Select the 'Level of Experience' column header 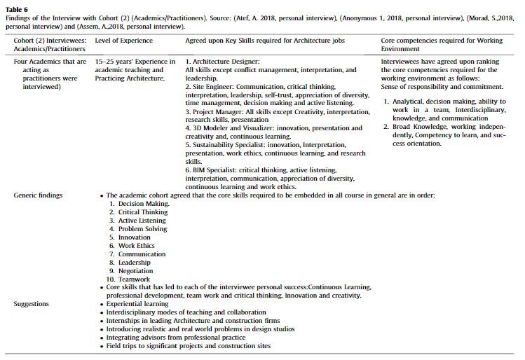click(x=123, y=41)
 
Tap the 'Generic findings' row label click(x=38, y=195)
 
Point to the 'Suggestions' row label click(x=32, y=304)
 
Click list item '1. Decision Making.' click(x=139, y=204)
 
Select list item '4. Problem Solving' click(x=138, y=229)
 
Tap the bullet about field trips click(x=188, y=346)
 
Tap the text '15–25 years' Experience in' click(x=135, y=62)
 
